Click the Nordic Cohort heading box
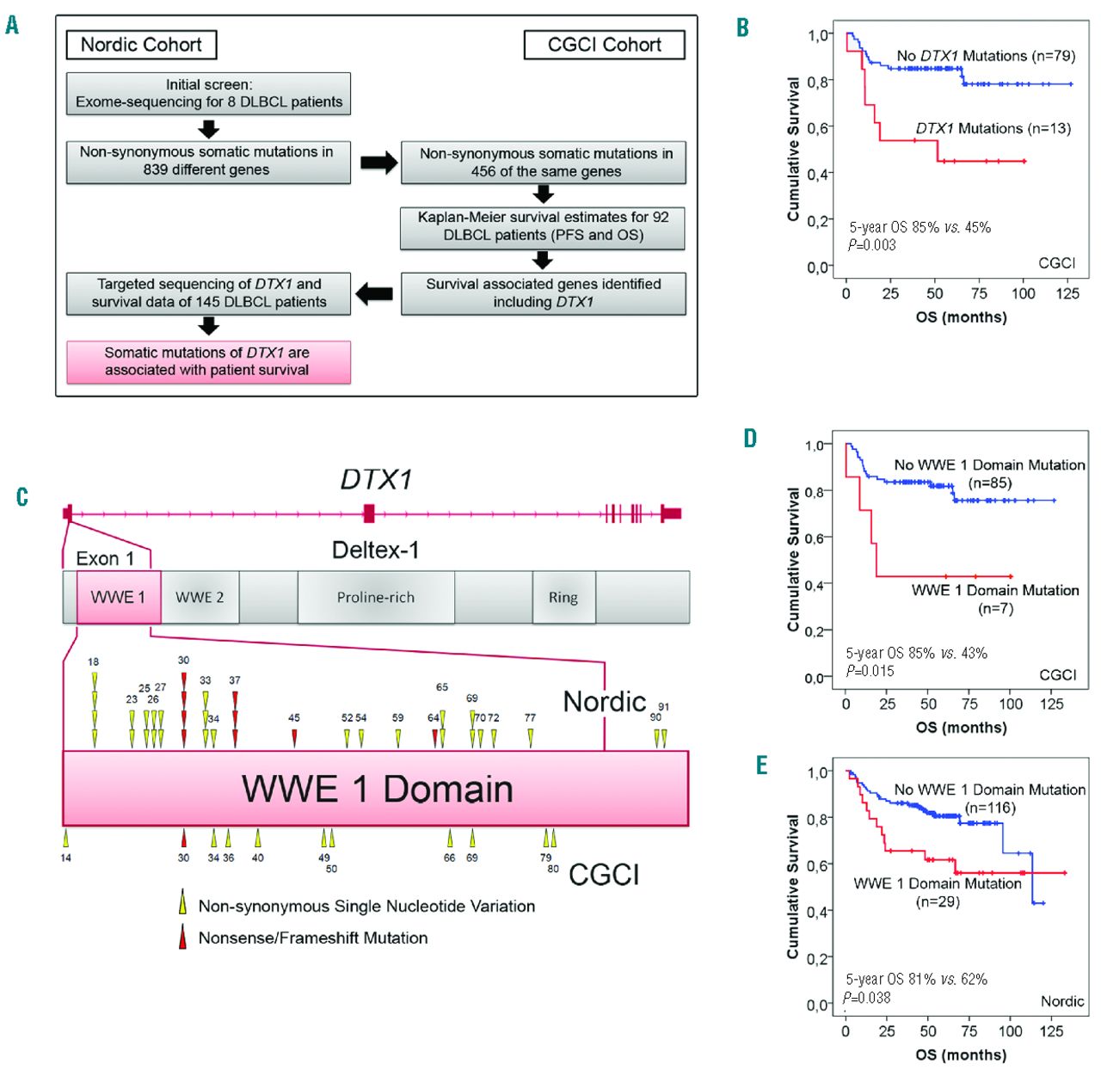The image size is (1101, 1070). [x=141, y=45]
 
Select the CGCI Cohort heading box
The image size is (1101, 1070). [x=604, y=45]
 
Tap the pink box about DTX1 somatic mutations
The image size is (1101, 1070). [x=208, y=361]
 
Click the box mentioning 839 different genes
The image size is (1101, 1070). [x=208, y=161]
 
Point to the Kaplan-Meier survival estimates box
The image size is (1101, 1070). [x=543, y=226]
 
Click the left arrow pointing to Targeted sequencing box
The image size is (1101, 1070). [x=374, y=294]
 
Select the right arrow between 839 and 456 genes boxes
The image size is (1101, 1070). [x=378, y=163]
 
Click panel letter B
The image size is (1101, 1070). [x=742, y=28]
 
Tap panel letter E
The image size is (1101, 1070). [x=761, y=766]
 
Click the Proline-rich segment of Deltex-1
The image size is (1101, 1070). [x=376, y=597]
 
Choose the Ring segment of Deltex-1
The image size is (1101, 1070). [x=563, y=597]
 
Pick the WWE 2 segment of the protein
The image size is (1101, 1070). [x=200, y=597]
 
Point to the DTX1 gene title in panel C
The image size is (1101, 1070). [x=376, y=479]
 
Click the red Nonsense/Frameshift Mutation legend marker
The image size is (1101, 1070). [x=182, y=937]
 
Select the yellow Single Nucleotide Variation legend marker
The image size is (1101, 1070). [x=182, y=904]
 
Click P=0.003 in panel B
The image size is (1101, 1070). [x=871, y=245]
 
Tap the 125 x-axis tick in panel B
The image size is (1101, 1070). [x=1067, y=293]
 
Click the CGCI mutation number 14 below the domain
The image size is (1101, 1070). [x=66, y=858]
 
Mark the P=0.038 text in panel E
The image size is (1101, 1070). [x=867, y=998]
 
